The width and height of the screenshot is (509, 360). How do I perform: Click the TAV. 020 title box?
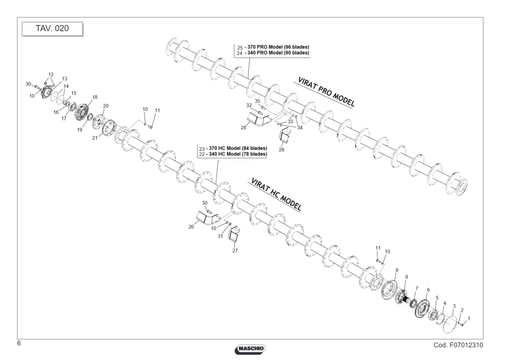click(x=52, y=29)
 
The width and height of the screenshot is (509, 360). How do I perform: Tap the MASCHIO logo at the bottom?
click(x=249, y=349)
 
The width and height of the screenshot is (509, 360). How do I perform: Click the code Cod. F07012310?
click(x=458, y=345)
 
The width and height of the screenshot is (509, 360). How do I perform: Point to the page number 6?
click(x=19, y=343)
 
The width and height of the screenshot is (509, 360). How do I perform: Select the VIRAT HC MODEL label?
click(x=276, y=195)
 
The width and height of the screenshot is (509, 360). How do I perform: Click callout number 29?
click(x=281, y=150)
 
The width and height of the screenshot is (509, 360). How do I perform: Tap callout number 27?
click(x=235, y=251)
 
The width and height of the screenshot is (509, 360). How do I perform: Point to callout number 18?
click(x=95, y=97)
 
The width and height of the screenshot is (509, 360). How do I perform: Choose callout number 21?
click(x=95, y=138)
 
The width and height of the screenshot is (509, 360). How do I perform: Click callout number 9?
click(x=397, y=270)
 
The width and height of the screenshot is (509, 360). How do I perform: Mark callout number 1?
click(x=469, y=319)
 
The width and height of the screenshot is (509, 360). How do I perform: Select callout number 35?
click(x=258, y=101)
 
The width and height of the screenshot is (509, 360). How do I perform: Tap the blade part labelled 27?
click(x=235, y=234)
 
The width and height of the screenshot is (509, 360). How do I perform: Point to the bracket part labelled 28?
click(x=259, y=119)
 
